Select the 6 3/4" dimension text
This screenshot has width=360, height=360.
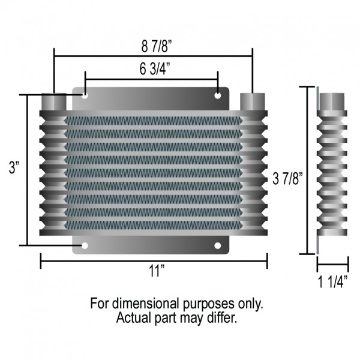[152, 69]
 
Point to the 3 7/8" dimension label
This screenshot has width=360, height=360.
[285, 178]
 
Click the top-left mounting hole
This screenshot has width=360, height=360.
[85, 95]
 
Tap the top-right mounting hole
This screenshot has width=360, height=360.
[218, 95]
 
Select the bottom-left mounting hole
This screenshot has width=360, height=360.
[85, 245]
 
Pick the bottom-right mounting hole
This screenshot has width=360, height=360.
[218, 245]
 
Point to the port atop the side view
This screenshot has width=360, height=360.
[331, 101]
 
